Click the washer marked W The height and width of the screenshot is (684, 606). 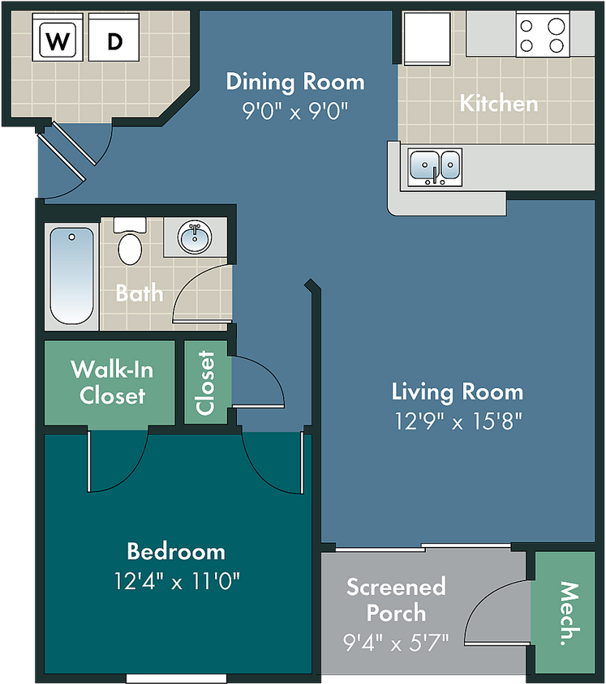pos(58,37)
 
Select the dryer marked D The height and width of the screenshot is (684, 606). pos(114,37)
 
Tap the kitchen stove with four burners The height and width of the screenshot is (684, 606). pos(543,34)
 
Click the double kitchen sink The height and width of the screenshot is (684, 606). pos(434,167)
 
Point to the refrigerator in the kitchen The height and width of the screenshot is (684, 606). pos(427,38)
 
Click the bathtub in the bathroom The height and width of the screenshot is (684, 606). pos(71,276)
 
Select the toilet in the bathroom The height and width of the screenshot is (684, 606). pos(130,242)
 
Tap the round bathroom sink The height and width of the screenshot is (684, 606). pos(195,237)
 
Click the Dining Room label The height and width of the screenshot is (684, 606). pos(295,82)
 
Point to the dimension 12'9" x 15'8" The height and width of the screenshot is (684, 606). pos(458,421)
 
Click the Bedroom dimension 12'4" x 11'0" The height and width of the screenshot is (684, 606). pos(177,580)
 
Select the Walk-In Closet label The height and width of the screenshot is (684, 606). pos(112,383)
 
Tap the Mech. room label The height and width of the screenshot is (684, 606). pos(569,613)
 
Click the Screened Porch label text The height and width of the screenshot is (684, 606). pos(396,600)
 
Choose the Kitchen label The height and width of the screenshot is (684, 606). pos(499,104)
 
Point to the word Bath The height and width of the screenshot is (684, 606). pos(140,293)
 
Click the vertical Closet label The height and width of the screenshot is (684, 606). pos(205,383)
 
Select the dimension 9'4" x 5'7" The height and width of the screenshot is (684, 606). pos(396,642)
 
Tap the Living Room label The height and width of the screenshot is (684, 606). pos(457,391)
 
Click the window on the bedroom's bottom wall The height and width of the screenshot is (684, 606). pos(176,679)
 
